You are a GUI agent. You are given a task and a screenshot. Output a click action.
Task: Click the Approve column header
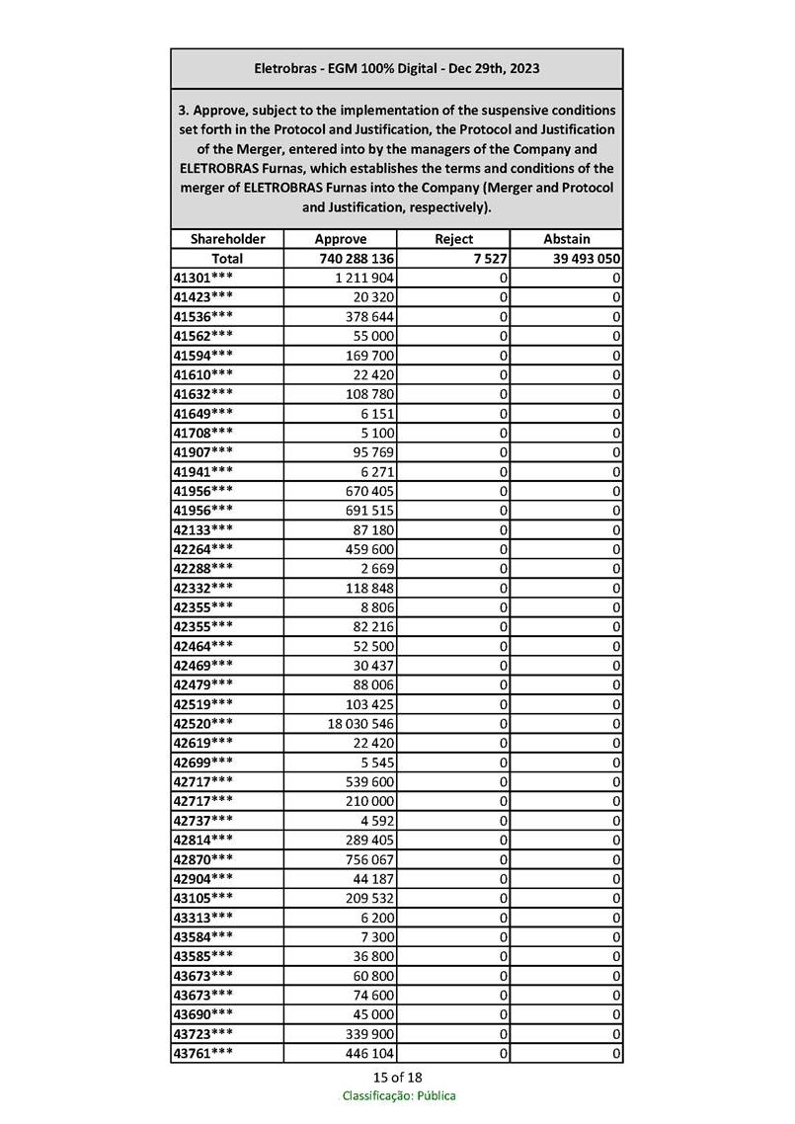point(340,239)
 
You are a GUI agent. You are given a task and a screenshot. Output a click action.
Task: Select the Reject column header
point(453,239)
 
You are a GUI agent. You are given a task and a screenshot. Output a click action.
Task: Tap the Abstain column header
point(567,239)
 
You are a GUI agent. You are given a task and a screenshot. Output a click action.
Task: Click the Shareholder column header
point(227,239)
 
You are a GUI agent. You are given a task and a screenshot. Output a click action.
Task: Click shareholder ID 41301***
point(203,278)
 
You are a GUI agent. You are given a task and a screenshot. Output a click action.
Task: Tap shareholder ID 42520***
point(203,724)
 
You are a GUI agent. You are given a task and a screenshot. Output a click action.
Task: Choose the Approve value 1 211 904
point(365,278)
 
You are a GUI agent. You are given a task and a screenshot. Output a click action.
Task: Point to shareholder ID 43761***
point(203,1054)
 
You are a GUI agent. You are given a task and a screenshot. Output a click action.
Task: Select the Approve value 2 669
point(376,569)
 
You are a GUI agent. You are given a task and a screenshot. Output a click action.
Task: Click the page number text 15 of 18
point(398,1077)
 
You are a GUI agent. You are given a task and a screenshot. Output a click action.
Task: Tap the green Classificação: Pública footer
point(399,1095)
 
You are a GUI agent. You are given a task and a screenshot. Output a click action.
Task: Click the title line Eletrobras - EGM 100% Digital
point(397,69)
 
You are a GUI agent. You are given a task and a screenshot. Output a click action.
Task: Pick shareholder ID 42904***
point(203,879)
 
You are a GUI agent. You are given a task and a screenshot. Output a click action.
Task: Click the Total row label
point(227,259)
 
